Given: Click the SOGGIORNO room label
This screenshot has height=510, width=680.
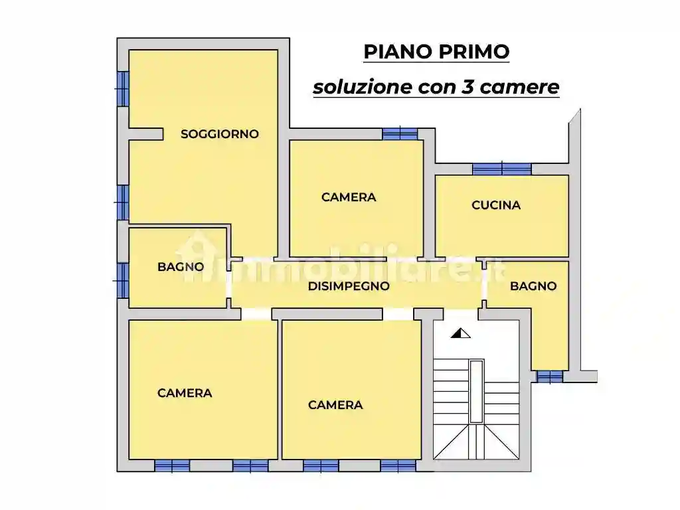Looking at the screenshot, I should pyautogui.click(x=220, y=134).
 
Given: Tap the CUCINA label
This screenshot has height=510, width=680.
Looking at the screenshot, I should pyautogui.click(x=496, y=205).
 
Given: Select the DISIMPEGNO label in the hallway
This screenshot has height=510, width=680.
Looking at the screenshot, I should pyautogui.click(x=349, y=287).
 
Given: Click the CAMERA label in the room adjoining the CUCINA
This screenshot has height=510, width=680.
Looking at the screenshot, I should pyautogui.click(x=349, y=197).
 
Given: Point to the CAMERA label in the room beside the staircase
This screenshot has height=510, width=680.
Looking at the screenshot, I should pyautogui.click(x=335, y=405).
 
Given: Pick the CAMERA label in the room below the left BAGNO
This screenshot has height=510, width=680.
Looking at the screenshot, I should pyautogui.click(x=185, y=393).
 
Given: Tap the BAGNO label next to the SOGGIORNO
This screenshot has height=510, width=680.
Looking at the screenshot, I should pyautogui.click(x=181, y=267).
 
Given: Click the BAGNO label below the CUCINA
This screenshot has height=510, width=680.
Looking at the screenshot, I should pyautogui.click(x=533, y=286).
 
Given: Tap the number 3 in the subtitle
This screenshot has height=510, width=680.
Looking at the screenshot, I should pyautogui.click(x=467, y=87).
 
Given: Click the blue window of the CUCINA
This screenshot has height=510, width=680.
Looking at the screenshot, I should pyautogui.click(x=502, y=169).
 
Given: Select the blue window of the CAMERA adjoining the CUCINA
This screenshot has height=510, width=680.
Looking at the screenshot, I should pyautogui.click(x=400, y=133).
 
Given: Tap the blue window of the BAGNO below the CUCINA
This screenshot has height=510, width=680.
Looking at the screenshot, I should pyautogui.click(x=549, y=377).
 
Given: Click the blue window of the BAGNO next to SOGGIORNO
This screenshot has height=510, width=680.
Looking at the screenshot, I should pyautogui.click(x=122, y=280).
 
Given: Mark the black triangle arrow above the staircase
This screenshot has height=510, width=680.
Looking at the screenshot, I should pyautogui.click(x=460, y=333).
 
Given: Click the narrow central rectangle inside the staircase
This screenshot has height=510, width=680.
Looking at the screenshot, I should pyautogui.click(x=476, y=392).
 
